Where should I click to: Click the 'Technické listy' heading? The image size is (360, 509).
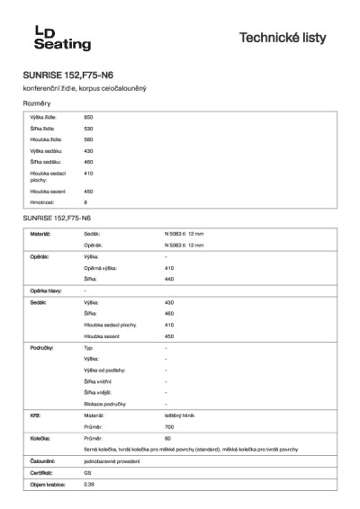pos(290,38)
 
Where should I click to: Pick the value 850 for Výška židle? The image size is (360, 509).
pos(88,119)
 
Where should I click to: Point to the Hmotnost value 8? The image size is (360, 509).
pos(85,203)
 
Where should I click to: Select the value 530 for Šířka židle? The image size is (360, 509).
pos(88,129)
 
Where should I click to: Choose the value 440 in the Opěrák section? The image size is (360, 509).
pos(169,279)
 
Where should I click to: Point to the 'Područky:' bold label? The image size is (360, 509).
pos(42,347)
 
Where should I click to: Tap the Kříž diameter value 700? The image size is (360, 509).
pos(169,426)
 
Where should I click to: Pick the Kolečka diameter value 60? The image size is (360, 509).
pos(168,438)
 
